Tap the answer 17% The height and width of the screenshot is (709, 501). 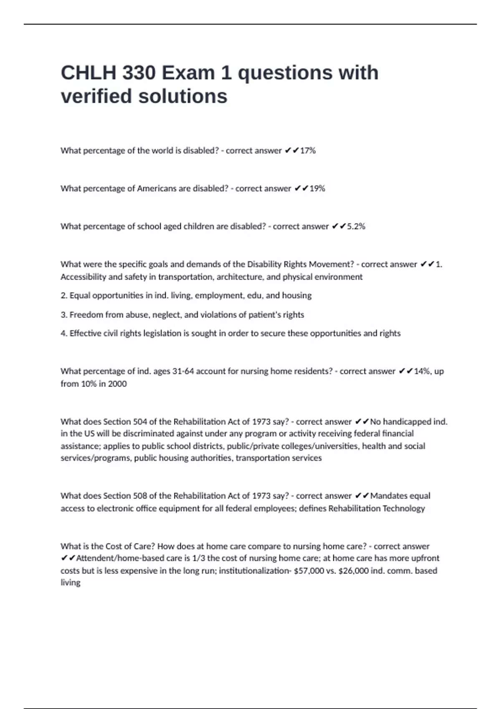click(308, 151)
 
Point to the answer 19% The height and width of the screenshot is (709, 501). click(317, 189)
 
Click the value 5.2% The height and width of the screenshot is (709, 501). click(356, 226)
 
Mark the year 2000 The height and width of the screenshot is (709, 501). click(117, 384)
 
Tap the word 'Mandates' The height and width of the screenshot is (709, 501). click(388, 496)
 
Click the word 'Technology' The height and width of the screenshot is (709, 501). click(404, 508)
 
